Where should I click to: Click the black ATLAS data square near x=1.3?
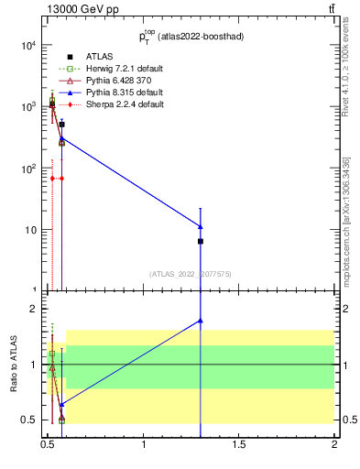click(201, 241)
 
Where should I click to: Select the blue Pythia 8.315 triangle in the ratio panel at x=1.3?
click(201, 321)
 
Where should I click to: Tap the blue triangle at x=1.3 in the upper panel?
click(201, 225)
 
